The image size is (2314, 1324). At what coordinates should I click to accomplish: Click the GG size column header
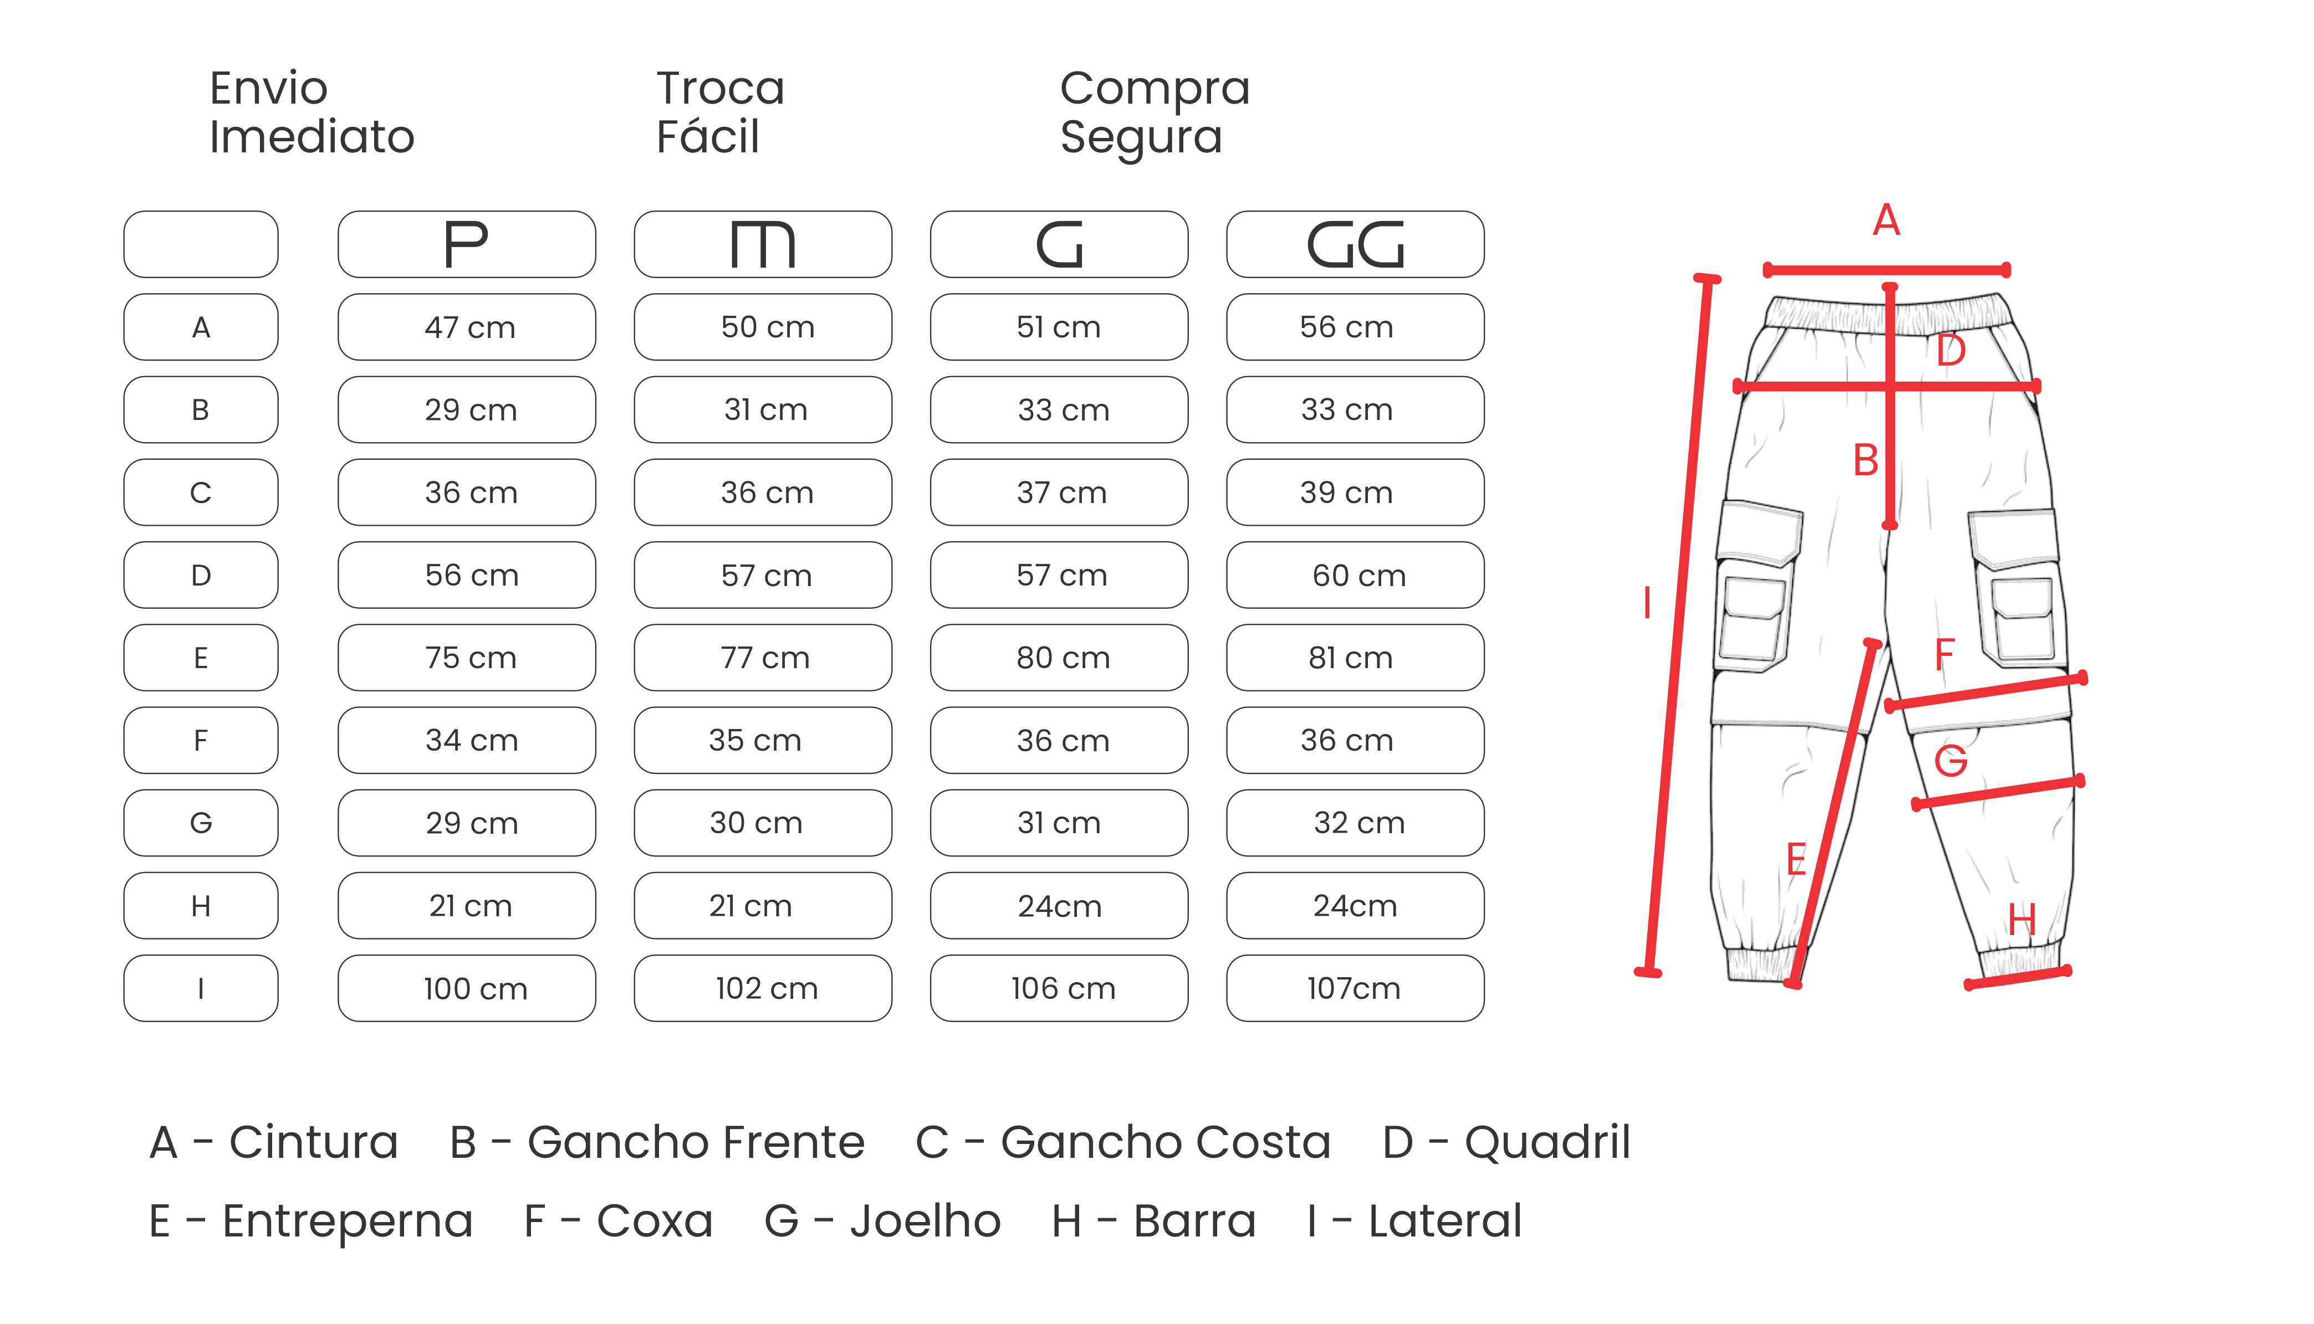(x=1355, y=245)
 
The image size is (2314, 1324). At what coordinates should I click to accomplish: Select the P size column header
(x=467, y=245)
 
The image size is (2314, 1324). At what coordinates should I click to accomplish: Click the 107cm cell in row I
(x=1355, y=988)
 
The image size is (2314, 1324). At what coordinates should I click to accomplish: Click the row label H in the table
(x=201, y=906)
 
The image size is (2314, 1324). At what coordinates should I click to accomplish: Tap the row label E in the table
(x=201, y=658)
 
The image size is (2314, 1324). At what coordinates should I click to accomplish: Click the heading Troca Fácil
(x=721, y=113)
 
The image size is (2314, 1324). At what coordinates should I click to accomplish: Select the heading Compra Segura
(x=1155, y=113)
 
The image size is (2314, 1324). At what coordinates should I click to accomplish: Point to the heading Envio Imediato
(x=311, y=113)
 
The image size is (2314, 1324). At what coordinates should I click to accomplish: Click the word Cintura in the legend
(x=314, y=1142)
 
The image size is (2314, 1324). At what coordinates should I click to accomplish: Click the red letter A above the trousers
(x=1887, y=220)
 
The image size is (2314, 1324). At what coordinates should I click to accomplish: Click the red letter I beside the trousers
(x=1647, y=603)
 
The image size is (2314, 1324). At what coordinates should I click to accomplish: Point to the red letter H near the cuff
(x=2021, y=920)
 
